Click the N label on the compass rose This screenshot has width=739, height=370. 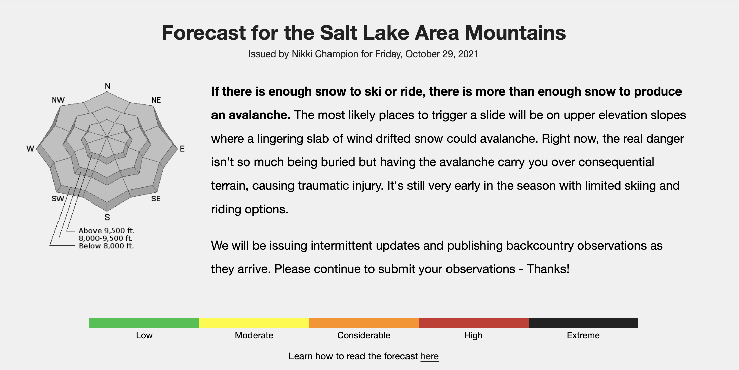pos(108,86)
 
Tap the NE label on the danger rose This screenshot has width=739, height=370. pos(156,100)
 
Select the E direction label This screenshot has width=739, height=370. pos(182,149)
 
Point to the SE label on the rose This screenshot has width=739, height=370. pos(156,199)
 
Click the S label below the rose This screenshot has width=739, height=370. pos(107,217)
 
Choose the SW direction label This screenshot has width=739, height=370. pos(58,199)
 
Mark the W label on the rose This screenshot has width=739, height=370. pos(30,149)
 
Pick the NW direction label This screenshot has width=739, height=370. pos(58,100)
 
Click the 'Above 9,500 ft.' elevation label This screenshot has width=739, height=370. pos(107,231)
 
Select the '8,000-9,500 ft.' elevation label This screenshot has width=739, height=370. pos(106,238)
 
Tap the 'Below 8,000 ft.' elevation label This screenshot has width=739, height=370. pos(106,246)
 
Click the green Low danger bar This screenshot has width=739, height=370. pos(144,323)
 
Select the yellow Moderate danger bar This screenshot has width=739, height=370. pos(254,323)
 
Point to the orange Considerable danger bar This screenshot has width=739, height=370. pos(364,323)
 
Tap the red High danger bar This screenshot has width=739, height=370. pos(474,323)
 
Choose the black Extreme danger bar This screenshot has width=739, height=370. pos(583,323)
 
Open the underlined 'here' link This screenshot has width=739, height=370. pos(429,356)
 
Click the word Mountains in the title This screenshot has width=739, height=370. pos(515,33)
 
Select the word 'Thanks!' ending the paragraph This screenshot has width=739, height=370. pos(548,269)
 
